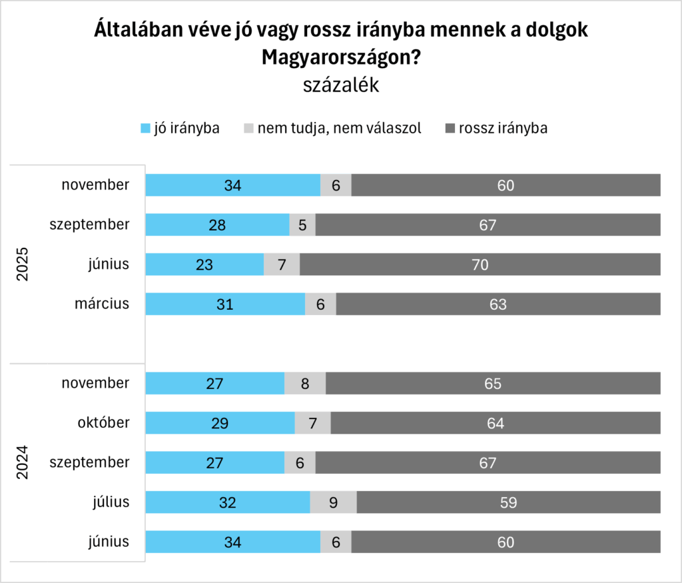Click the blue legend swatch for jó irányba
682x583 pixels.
(x=145, y=128)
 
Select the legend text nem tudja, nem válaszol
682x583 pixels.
(x=340, y=128)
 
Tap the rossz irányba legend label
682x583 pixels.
(x=503, y=128)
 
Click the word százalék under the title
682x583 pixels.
(x=340, y=85)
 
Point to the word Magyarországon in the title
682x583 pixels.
(x=336, y=57)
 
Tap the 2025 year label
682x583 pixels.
(x=22, y=265)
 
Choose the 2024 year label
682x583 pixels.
(x=22, y=462)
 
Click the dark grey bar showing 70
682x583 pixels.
(x=480, y=265)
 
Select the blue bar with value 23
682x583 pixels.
(x=204, y=265)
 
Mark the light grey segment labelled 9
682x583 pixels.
(x=333, y=502)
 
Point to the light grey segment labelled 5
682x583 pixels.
(x=302, y=225)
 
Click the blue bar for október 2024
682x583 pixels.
(x=220, y=423)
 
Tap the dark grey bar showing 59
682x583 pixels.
(x=508, y=502)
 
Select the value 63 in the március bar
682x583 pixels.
(x=498, y=304)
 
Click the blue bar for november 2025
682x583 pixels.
(x=232, y=185)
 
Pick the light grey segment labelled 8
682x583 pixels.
(x=305, y=384)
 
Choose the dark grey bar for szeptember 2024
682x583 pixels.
(x=488, y=462)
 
